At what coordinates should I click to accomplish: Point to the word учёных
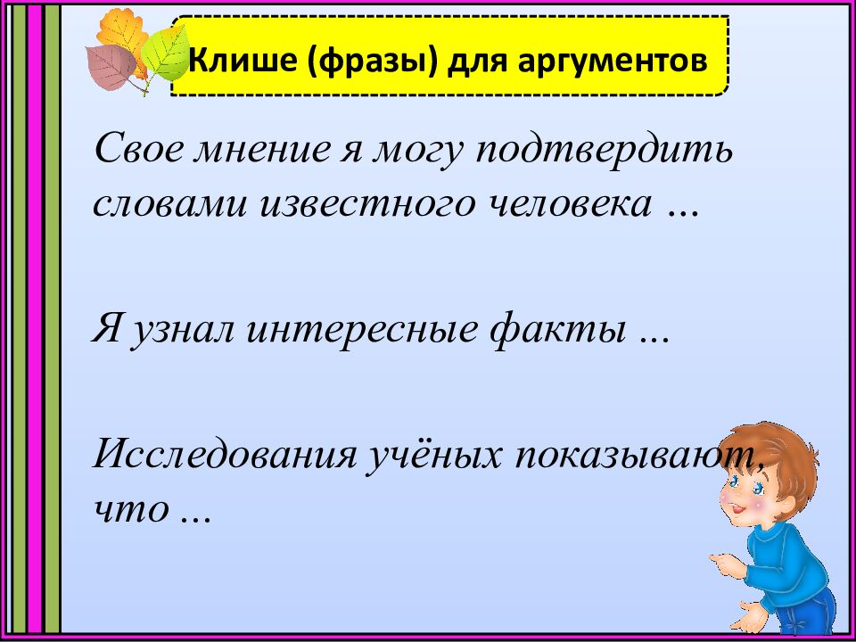433,457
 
